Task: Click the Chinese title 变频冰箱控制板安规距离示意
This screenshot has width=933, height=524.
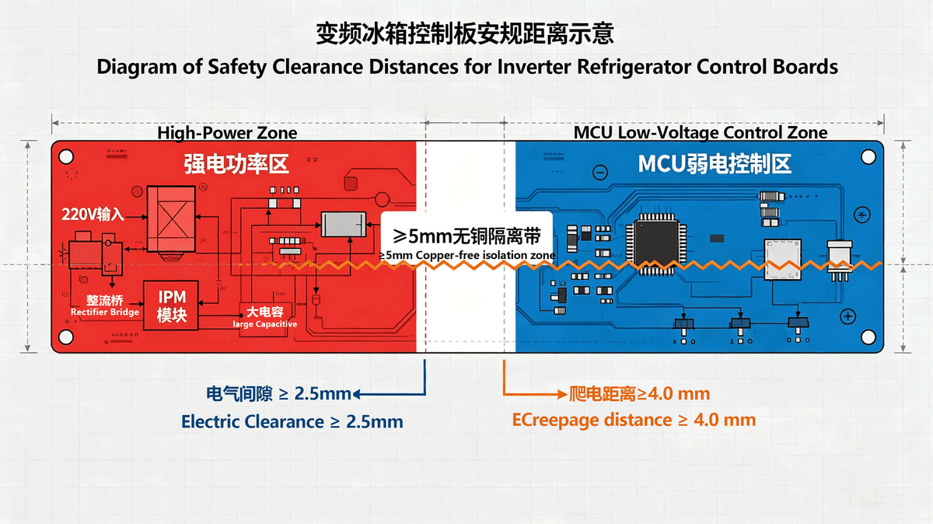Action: coord(464,33)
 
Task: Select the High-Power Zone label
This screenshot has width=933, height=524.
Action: coord(227,133)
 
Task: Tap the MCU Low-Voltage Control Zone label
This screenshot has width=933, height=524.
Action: coord(701,132)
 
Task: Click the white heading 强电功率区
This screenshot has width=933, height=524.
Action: coord(236,164)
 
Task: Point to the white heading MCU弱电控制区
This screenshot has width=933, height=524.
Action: coord(715,164)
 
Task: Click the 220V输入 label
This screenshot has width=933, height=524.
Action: coord(93,215)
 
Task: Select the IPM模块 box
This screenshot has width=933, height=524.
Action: coord(171,306)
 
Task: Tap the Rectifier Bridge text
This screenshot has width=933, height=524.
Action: coord(104,312)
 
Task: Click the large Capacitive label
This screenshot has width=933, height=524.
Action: coord(265,324)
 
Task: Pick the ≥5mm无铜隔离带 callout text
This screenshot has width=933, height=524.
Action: coord(466,236)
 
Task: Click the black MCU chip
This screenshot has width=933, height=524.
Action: coord(657,243)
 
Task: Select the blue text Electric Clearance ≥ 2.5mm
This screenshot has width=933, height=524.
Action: coord(292,421)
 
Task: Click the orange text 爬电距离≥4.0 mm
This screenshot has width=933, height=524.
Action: coord(639,393)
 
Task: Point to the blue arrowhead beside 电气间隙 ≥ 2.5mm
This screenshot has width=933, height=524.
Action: coord(357,393)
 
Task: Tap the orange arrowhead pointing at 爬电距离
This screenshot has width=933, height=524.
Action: coord(562,393)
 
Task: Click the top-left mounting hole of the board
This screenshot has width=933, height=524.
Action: coord(66,156)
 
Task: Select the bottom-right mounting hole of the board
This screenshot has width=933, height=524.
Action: coord(868,337)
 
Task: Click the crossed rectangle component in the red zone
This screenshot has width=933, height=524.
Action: coord(171,218)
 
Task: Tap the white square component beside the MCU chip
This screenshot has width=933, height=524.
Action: coord(783,260)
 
